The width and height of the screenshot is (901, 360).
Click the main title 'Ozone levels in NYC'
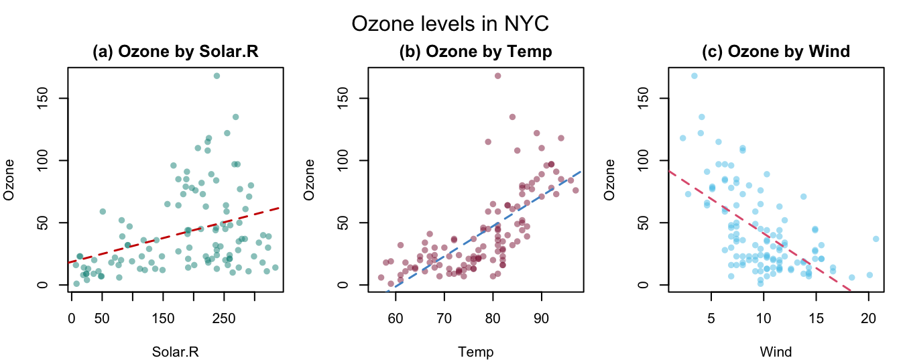click(x=450, y=25)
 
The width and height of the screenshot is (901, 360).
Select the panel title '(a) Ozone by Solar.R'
click(x=176, y=52)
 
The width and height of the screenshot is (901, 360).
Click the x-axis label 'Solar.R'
click(x=176, y=352)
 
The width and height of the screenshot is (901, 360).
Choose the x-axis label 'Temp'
click(x=476, y=352)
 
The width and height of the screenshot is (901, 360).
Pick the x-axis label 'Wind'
click(x=776, y=352)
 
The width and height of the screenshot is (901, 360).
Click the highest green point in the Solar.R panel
click(x=217, y=76)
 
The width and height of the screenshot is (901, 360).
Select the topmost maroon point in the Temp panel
click(x=497, y=76)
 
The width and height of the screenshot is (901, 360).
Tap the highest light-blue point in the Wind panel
click(x=694, y=76)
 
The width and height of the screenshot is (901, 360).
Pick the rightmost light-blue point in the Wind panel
click(x=876, y=239)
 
